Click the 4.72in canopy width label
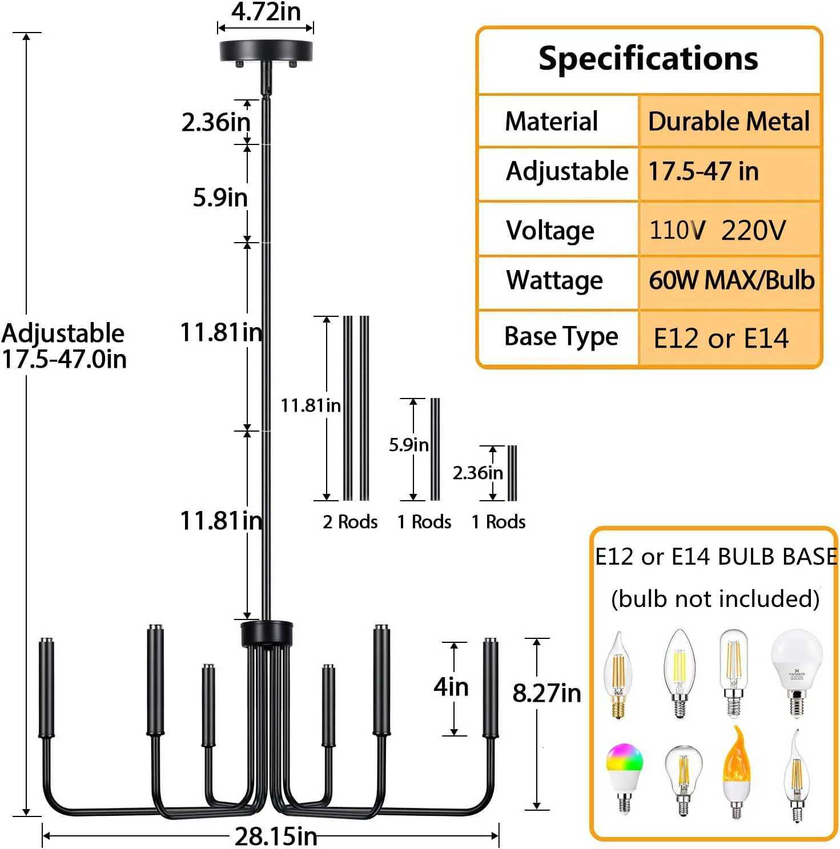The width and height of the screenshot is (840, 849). point(266,12)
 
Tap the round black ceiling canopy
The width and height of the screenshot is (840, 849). point(266,51)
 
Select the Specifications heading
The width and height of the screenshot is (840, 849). point(648,59)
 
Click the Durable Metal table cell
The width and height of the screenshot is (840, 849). point(729,122)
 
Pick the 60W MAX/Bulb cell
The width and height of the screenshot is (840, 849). point(731,280)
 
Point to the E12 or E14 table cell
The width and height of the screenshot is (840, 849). point(721,338)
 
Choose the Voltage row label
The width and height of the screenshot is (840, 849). point(550,231)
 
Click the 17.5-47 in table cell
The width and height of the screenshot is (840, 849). point(704,171)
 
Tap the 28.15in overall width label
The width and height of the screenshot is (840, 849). point(276,836)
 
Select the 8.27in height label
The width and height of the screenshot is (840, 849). point(546,693)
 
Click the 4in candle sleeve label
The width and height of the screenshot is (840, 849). point(451,686)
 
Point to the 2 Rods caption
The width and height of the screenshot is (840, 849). point(350,522)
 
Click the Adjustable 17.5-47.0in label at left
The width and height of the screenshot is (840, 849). point(63,346)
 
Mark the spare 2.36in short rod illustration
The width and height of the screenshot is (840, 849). point(512,473)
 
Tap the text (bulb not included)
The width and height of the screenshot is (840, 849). point(715,599)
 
